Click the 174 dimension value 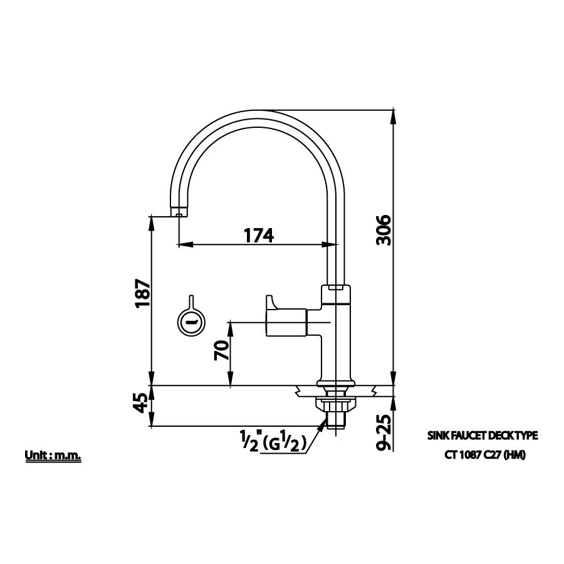(259, 235)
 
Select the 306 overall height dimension (384, 230)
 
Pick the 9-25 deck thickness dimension (384, 433)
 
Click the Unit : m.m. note (53, 456)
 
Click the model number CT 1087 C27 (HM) (481, 456)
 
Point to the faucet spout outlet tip (179, 213)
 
